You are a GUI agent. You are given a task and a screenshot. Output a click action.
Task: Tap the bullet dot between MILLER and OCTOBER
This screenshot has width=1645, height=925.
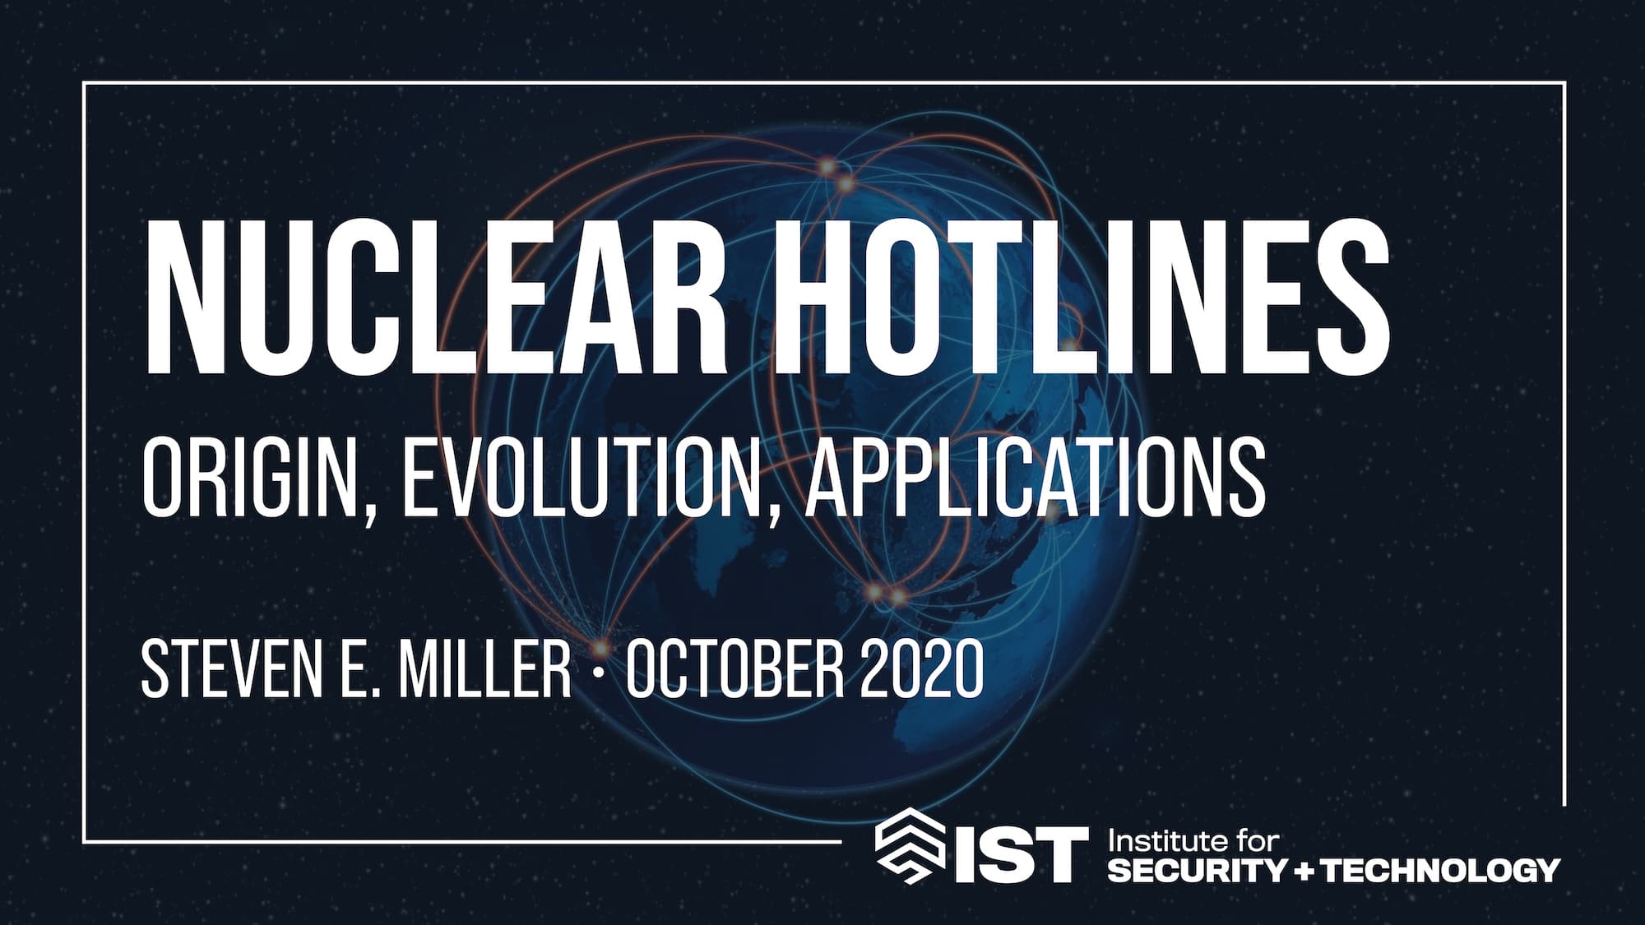[x=599, y=669]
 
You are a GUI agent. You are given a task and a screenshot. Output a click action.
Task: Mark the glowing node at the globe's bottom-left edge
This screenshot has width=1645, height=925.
[x=601, y=645]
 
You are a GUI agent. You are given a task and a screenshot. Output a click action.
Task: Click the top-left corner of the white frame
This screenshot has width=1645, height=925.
[x=84, y=83]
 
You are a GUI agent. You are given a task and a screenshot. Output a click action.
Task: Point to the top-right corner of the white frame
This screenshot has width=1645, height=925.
[x=1564, y=83]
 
